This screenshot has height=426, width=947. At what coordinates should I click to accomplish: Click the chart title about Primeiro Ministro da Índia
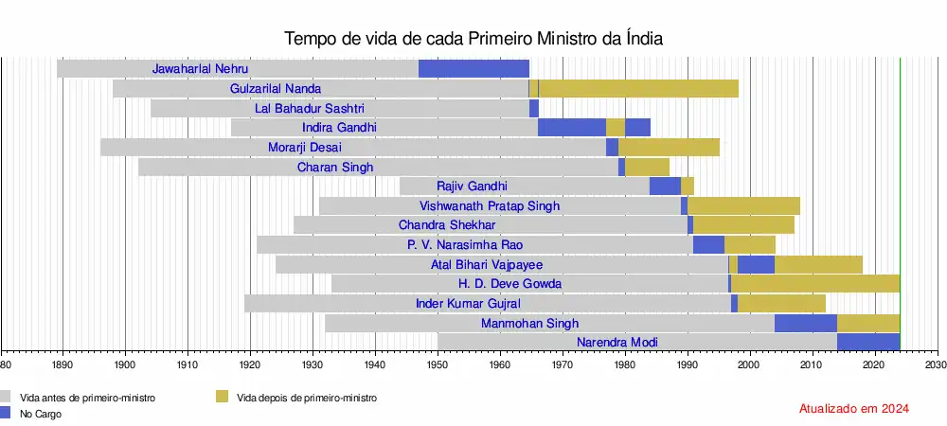(x=473, y=39)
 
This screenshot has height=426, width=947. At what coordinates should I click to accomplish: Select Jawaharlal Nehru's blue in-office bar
(x=473, y=68)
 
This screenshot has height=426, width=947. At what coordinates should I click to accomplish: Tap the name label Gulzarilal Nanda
(x=276, y=88)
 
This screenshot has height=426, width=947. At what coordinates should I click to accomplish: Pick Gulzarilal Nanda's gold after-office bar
(x=638, y=88)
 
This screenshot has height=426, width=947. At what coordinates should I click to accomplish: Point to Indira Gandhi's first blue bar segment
(x=571, y=127)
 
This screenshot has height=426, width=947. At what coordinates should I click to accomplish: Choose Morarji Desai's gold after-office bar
(x=669, y=147)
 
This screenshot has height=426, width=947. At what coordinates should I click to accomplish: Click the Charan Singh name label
(x=334, y=167)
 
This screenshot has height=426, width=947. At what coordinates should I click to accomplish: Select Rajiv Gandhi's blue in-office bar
(x=665, y=186)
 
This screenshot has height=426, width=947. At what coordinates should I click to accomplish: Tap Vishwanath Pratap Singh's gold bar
(x=743, y=205)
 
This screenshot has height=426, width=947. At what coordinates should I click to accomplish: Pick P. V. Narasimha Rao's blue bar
(x=708, y=244)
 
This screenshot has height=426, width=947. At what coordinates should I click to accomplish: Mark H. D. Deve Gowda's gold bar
(x=815, y=283)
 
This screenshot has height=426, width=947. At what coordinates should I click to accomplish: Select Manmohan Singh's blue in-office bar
(x=805, y=323)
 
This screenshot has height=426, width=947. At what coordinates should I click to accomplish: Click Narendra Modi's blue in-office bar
(x=867, y=342)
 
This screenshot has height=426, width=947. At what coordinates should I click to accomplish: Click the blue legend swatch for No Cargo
(x=7, y=413)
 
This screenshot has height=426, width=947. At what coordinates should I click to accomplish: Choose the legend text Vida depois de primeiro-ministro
(x=307, y=399)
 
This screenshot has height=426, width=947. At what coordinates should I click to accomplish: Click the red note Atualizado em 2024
(x=854, y=409)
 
